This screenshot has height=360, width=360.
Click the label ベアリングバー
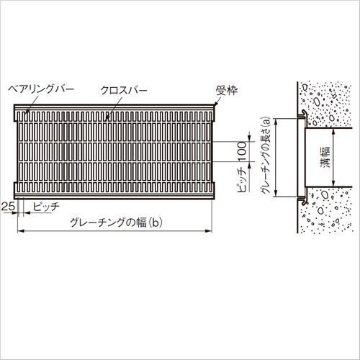[x=41, y=89]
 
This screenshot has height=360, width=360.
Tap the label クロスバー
[x=124, y=90]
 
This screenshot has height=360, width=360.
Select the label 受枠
[x=227, y=90]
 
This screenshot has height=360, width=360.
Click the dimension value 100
[x=242, y=151]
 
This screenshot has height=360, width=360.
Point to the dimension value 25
[x=8, y=206]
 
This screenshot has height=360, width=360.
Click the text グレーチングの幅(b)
[x=116, y=222]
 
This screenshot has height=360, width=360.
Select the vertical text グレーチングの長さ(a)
[x=266, y=156]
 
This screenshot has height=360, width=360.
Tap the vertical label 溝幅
[x=325, y=157]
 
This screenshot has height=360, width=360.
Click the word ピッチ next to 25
[x=46, y=207]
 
